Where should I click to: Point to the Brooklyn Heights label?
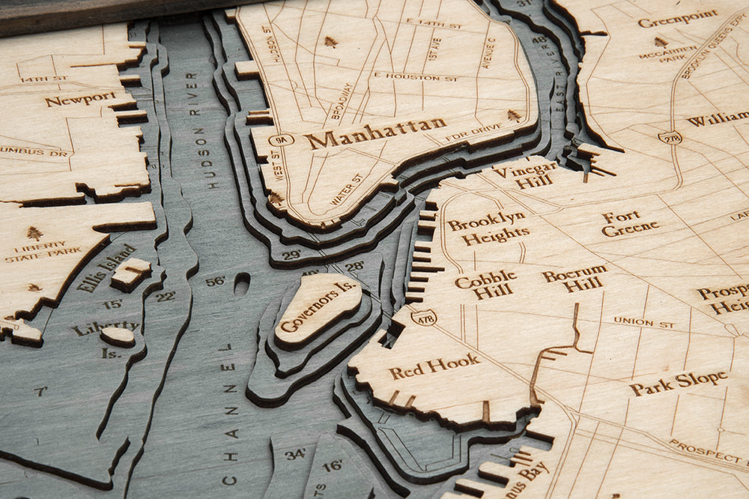click(487, 228)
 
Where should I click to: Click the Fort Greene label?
click(630, 223)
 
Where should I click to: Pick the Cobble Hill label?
click(485, 285)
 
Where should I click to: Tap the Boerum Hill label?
click(575, 279)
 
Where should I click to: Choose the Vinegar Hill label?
click(525, 175)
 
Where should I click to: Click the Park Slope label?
click(678, 382)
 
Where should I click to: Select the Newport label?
click(80, 98)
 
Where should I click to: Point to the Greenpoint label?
click(677, 17)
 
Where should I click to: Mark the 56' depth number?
click(215, 281)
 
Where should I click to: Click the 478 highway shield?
click(424, 318)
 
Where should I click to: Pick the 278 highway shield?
click(670, 136)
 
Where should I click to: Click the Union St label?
click(643, 322)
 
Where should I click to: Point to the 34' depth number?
click(294, 453)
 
